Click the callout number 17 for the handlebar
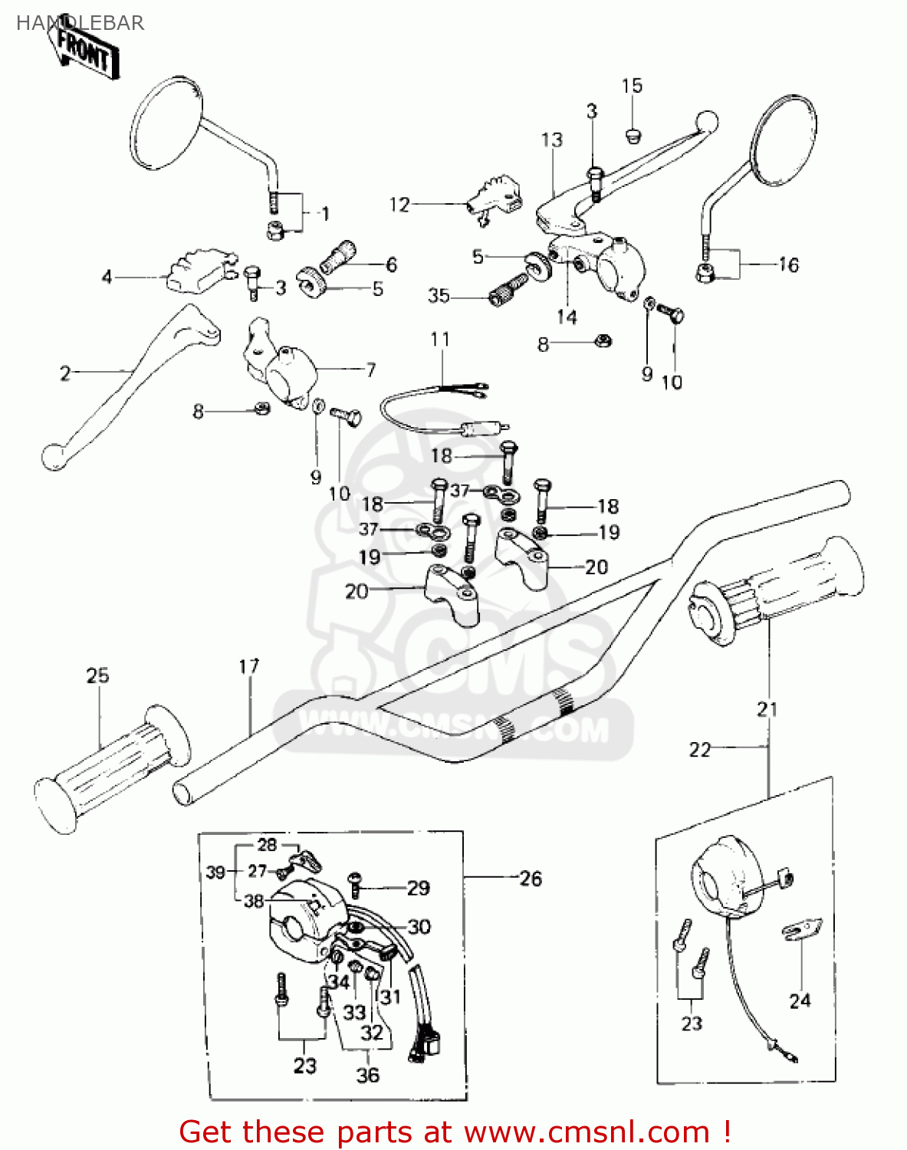pyautogui.click(x=249, y=666)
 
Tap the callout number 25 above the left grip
pyautogui.click(x=97, y=675)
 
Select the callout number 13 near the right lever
pyautogui.click(x=552, y=140)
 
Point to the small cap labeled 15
pyautogui.click(x=633, y=136)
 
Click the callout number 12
pyautogui.click(x=399, y=205)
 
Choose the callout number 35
pyautogui.click(x=439, y=296)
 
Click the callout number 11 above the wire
pyautogui.click(x=440, y=339)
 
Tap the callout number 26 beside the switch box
pyautogui.click(x=531, y=879)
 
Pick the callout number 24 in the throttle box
pyautogui.click(x=800, y=1001)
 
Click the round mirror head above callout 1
pyautogui.click(x=168, y=123)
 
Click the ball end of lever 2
pyautogui.click(x=53, y=457)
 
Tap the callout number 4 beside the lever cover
pyautogui.click(x=107, y=276)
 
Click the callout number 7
pyautogui.click(x=371, y=370)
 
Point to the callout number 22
pyautogui.click(x=700, y=749)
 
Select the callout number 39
pyautogui.click(x=215, y=872)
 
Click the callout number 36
pyautogui.click(x=368, y=1075)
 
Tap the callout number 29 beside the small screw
pyautogui.click(x=418, y=888)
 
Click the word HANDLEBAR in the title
pyautogui.click(x=80, y=23)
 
